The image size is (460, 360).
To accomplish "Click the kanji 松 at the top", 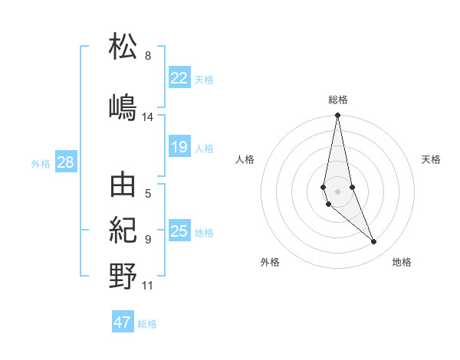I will [x=123, y=47].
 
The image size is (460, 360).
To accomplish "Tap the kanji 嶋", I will [x=123, y=106].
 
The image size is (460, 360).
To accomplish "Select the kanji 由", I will [x=123, y=185].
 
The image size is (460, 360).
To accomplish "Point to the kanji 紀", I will [x=123, y=230].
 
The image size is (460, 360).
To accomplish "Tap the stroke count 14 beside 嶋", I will [x=148, y=117].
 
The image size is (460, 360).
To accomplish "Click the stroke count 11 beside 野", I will [x=148, y=286].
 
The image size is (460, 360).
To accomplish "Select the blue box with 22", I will [x=179, y=77].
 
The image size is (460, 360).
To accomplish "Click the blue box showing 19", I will [x=179, y=147].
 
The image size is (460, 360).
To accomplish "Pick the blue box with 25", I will [x=179, y=231].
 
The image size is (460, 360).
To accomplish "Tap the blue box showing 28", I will [x=65, y=162].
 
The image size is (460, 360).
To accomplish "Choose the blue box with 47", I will [x=123, y=322].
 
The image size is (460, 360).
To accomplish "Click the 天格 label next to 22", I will [x=204, y=79].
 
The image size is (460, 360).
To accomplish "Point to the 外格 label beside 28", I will [x=41, y=164].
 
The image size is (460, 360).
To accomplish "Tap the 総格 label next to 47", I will [x=147, y=324].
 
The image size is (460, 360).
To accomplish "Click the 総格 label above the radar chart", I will [x=338, y=100].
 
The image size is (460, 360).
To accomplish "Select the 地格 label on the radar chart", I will [x=402, y=262].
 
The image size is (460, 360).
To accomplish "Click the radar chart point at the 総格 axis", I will [x=337, y=116].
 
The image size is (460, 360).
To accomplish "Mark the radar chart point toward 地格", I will [x=374, y=242].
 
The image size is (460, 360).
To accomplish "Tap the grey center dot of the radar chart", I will [x=337, y=191].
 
